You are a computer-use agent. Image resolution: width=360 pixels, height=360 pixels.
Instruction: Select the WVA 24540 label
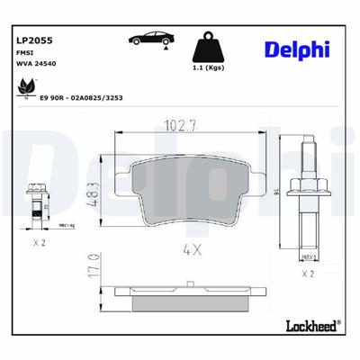coord(36,65)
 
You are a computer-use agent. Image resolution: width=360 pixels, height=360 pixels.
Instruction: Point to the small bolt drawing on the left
coord(37,202)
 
